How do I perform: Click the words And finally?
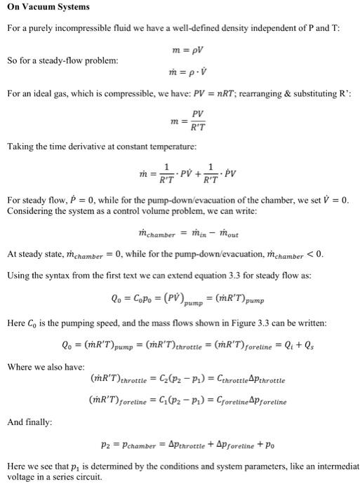pyautogui.click(x=27, y=423)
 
